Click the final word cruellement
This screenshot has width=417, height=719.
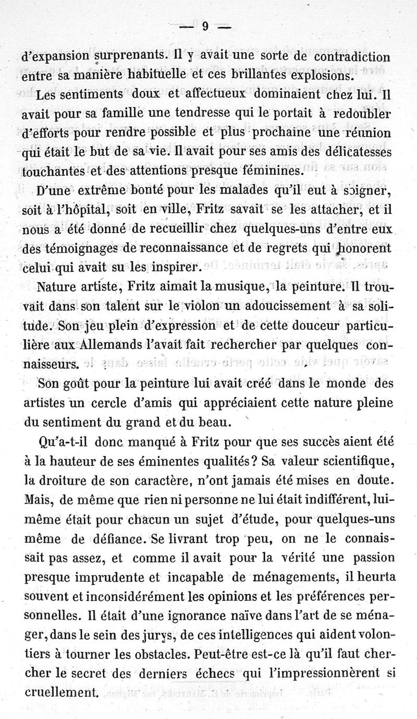point(61,693)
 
